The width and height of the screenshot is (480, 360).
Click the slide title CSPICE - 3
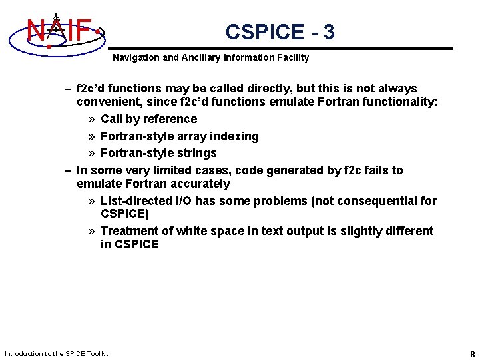[280, 32]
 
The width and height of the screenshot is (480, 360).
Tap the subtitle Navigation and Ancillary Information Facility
[210, 58]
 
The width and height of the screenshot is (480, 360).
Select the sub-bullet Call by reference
[148, 119]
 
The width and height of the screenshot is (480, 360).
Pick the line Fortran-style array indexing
[179, 136]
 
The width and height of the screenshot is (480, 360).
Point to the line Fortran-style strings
[158, 153]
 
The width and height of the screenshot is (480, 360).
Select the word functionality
[402, 102]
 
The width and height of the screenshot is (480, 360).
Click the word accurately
[202, 184]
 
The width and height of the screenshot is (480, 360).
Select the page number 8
[472, 353]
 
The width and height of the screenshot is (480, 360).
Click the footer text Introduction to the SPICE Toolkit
[56, 353]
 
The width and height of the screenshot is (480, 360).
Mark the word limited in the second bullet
[152, 170]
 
